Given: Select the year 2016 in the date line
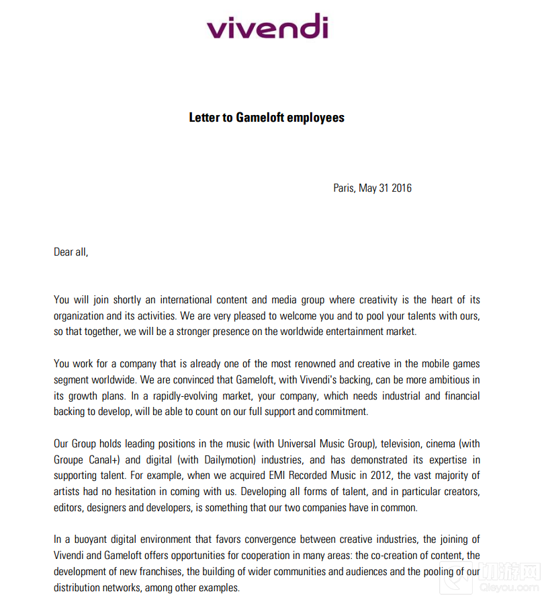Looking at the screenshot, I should [x=401, y=188].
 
